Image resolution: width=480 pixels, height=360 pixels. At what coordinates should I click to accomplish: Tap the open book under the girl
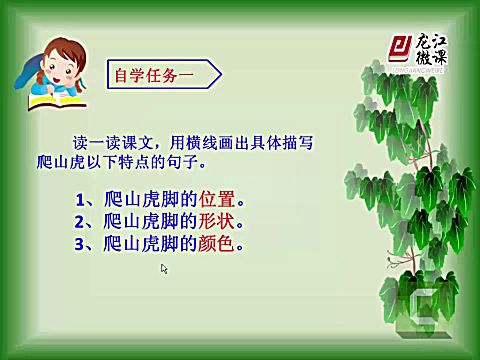pyautogui.click(x=55, y=101)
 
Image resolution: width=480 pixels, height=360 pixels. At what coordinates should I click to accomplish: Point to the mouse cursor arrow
pyautogui.click(x=164, y=268)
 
